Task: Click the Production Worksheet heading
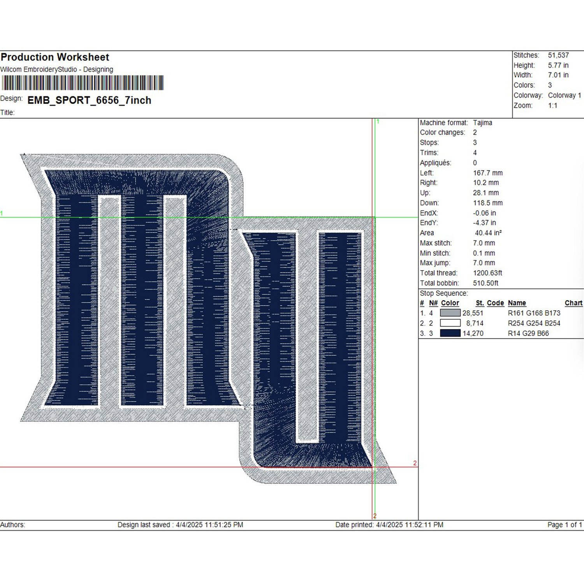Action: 55,57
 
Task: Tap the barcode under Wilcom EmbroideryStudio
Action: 83,83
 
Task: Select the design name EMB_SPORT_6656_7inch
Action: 89,100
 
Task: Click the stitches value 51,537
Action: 558,55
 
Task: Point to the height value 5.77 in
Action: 558,65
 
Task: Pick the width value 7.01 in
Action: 558,75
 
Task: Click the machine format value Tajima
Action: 482,123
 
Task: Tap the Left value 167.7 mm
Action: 487,173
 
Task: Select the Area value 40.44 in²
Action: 488,233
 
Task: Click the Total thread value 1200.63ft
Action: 487,273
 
